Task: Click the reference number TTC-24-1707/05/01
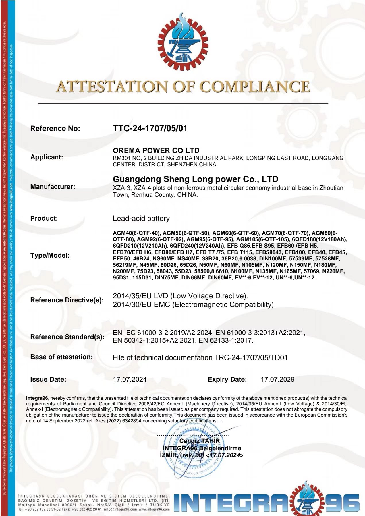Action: click(x=150, y=128)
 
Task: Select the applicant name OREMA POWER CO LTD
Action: click(x=156, y=150)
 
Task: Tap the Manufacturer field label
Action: click(x=53, y=187)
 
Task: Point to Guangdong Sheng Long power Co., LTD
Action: click(x=195, y=179)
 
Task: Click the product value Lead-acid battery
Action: click(x=141, y=218)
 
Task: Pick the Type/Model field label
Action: click(x=50, y=255)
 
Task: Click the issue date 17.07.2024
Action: click(x=130, y=379)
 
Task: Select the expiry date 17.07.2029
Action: click(x=277, y=379)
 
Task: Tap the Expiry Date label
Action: click(x=227, y=379)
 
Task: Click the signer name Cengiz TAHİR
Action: click(x=199, y=441)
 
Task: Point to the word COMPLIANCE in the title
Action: click(x=255, y=86)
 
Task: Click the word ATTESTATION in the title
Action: click(x=111, y=86)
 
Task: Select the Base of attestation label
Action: click(x=61, y=357)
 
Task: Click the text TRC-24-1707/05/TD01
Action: click(x=251, y=357)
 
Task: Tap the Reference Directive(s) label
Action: click(x=67, y=300)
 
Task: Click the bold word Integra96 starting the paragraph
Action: click(x=37, y=398)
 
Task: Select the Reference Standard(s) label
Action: click(x=67, y=337)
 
